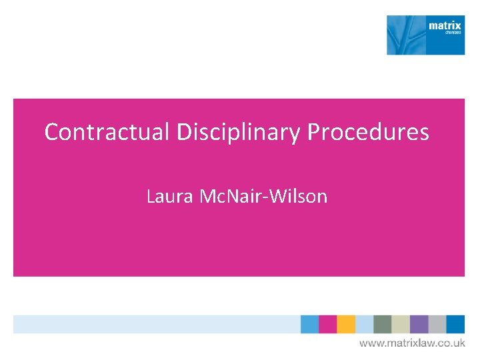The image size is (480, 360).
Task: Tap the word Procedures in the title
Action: click(368, 132)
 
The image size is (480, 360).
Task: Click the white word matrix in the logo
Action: click(445, 26)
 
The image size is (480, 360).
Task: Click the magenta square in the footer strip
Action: click(327, 324)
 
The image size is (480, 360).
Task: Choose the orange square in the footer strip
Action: click(346, 324)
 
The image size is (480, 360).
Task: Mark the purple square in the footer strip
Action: click(419, 324)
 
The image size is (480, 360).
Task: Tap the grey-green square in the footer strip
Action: click(383, 324)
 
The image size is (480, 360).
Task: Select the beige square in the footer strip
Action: click(401, 324)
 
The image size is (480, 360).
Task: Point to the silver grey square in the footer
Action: click(437, 324)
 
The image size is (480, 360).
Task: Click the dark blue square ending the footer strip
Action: click(455, 324)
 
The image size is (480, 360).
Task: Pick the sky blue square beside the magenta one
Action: click(309, 324)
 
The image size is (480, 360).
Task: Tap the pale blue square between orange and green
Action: click(364, 324)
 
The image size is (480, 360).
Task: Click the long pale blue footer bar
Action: click(157, 324)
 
